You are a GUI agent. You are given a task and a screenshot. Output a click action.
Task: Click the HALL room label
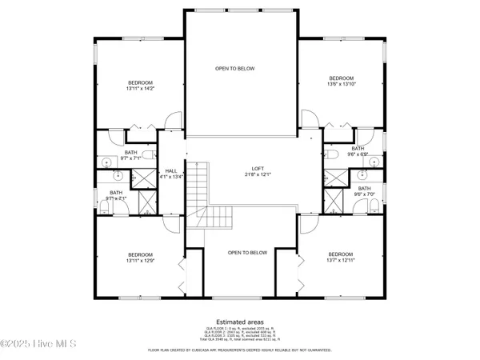[x=170, y=170]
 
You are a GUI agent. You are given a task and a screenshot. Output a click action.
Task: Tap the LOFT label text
[x=258, y=169]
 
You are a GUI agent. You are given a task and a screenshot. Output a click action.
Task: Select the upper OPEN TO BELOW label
[x=235, y=69]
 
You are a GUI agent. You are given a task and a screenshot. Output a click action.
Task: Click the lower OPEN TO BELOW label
[x=247, y=253]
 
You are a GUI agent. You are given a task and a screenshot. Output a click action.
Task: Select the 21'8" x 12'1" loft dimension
[x=258, y=174]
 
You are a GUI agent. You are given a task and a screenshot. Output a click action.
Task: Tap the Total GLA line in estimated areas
[x=241, y=341]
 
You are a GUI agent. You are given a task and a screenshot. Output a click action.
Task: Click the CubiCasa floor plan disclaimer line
[x=241, y=350]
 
